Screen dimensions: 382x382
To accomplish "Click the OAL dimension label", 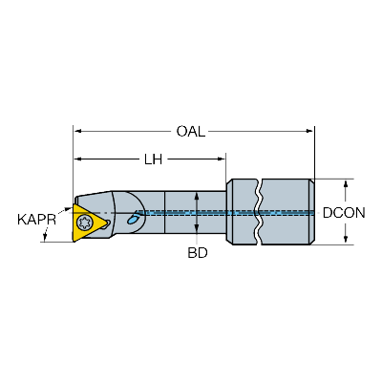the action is click(191, 131).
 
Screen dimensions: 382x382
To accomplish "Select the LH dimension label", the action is click(154, 159).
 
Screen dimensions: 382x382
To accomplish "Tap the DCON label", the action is click(344, 213).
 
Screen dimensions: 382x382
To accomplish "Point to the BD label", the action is click(198, 253).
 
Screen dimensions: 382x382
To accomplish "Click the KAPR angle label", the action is click(36, 220).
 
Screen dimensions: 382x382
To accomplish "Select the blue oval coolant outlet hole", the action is click(133, 219).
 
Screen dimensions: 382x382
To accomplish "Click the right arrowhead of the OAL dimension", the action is click(309, 131).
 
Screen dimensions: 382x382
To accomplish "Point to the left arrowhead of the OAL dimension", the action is click(78, 131).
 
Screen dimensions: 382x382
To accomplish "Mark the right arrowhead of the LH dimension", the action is click(221, 159).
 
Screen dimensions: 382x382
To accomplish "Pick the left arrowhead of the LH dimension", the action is click(78, 159).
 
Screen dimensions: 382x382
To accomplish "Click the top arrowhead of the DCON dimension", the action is click(346, 184).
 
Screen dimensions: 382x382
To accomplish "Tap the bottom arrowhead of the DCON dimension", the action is click(346, 240).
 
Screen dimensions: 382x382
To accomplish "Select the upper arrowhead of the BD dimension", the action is click(197, 196).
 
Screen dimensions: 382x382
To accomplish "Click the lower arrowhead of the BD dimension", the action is click(197, 228).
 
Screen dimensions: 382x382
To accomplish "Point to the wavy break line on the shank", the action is click(259, 212).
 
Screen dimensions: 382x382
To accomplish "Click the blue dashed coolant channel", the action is click(225, 213).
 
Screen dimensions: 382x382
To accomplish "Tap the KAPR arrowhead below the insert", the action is click(45, 237).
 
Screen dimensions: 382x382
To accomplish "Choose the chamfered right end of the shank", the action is click(312, 212).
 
